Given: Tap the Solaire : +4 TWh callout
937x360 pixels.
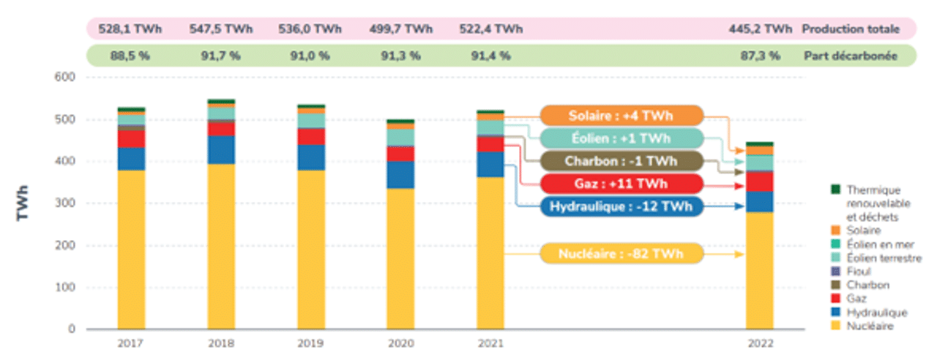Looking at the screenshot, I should tap(621, 116).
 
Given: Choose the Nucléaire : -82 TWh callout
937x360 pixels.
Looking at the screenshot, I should tap(621, 254).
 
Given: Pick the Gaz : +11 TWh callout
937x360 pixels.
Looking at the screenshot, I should tap(621, 184).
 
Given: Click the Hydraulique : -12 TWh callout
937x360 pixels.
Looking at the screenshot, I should tap(621, 206).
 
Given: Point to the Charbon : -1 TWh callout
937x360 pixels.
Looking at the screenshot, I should tap(621, 161).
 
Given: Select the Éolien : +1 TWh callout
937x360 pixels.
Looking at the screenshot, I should tap(621, 138).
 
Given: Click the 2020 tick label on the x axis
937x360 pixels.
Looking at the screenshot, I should tap(400, 343).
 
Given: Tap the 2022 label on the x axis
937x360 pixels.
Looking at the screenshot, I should tap(759, 343).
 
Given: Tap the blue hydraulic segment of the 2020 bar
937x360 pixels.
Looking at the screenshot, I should tap(400, 174).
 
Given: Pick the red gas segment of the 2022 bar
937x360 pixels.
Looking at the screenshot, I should tap(759, 181).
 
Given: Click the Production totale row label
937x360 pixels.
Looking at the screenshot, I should tap(850, 29).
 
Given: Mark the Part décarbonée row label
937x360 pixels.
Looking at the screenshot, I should tap(850, 56).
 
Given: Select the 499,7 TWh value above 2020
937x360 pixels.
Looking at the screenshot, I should tap(400, 29).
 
